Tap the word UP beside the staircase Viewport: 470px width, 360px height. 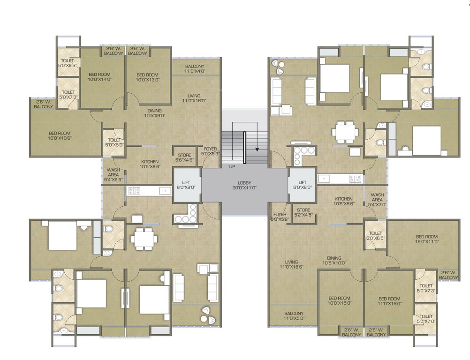[x=232, y=166]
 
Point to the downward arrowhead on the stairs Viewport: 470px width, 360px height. [x=257, y=150]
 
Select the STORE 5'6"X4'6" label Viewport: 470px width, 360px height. [x=184, y=157]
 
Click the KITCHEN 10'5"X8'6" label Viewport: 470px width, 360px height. [x=150, y=165]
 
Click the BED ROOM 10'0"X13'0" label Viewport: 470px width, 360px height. [x=148, y=77]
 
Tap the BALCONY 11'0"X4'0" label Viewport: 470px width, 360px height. [x=195, y=69]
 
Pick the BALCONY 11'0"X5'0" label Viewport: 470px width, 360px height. [x=294, y=316]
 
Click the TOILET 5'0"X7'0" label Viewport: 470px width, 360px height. [x=425, y=319]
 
